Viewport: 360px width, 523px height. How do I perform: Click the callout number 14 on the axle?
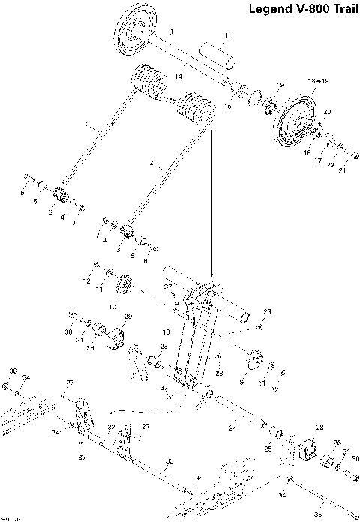179,76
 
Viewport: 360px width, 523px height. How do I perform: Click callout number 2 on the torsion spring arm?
151,163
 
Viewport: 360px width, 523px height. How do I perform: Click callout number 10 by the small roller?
114,306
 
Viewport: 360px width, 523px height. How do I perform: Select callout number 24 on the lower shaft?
232,428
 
